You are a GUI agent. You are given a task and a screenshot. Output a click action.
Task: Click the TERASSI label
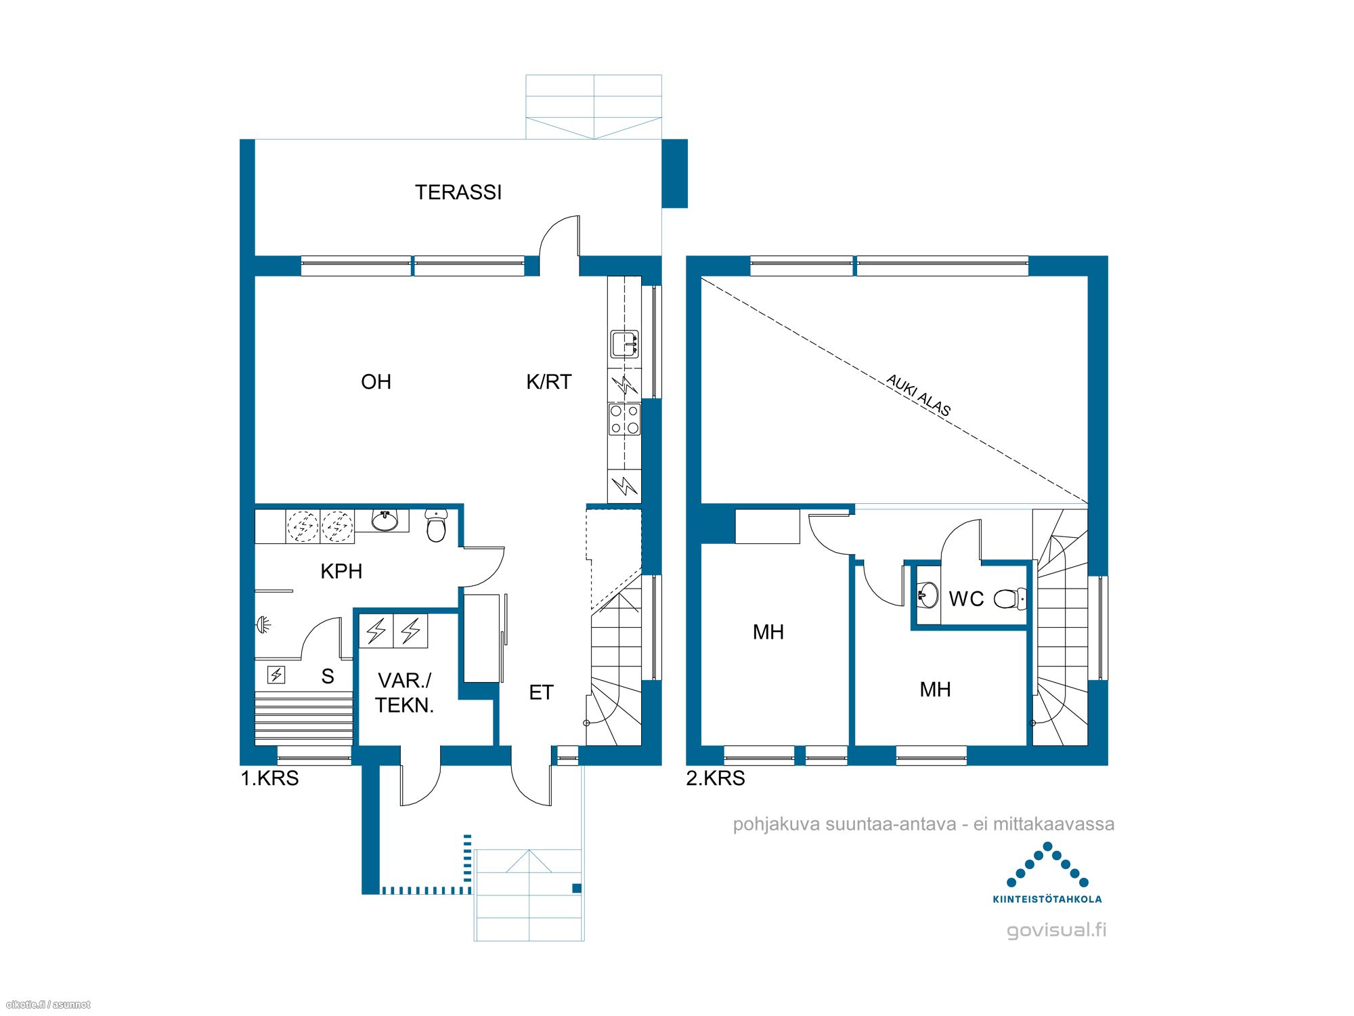click(x=458, y=192)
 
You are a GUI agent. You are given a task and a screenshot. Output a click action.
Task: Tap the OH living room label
click(x=376, y=382)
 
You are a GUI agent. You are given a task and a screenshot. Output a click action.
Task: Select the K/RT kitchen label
click(x=549, y=382)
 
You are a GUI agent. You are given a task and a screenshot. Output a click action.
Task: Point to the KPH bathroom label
click(x=341, y=571)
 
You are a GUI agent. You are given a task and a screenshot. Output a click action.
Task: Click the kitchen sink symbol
click(x=624, y=344)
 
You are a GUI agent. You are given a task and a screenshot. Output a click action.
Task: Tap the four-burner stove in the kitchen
click(x=624, y=419)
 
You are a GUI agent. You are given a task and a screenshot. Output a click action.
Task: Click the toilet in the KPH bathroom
click(x=437, y=526)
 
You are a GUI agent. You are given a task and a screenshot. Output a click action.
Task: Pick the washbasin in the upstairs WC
click(x=928, y=595)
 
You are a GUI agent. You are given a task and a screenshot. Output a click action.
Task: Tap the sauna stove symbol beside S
click(x=276, y=675)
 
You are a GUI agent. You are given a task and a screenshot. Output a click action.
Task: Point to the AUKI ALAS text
click(x=919, y=395)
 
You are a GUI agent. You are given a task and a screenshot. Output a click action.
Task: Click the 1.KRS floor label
click(x=269, y=778)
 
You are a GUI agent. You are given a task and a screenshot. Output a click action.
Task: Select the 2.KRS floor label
click(x=716, y=778)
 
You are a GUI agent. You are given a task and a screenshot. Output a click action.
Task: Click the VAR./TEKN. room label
click(x=405, y=693)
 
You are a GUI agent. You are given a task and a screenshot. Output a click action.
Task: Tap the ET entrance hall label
click(x=541, y=692)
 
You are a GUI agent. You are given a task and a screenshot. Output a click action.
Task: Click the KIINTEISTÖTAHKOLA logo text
click(x=1047, y=899)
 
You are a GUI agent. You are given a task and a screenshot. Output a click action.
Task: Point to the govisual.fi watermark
click(x=1057, y=930)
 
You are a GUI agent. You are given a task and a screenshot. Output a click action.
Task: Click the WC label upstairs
click(x=966, y=599)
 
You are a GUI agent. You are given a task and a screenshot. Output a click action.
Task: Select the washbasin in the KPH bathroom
click(x=385, y=520)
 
